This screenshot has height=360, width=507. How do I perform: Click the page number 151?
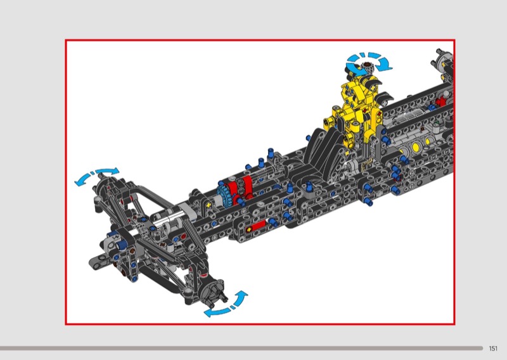pyautogui.click(x=493, y=349)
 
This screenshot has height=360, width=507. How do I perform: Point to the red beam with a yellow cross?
pyautogui.click(x=256, y=227)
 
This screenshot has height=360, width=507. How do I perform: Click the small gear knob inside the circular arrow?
pyautogui.click(x=368, y=67)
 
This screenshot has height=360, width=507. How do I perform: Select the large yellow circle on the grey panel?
pyautogui.click(x=416, y=147)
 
